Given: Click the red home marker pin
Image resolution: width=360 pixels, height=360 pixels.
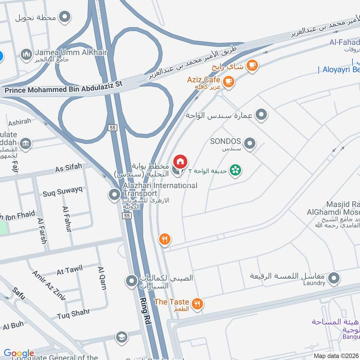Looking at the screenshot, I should point(180,162).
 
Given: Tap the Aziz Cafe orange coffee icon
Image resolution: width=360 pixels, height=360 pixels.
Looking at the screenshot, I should point(229,81).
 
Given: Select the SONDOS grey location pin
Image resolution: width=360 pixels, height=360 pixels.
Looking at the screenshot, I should point(250,144).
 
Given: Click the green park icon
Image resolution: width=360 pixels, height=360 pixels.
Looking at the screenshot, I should point(234,170).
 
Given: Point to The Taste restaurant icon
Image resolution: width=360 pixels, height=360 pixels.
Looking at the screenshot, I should point(197,305).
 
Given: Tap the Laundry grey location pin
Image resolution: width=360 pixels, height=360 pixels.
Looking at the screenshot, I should point(333,279).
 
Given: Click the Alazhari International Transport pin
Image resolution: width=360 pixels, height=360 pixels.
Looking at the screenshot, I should point(115,195).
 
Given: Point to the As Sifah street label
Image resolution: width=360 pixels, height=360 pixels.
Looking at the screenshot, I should point(68,168).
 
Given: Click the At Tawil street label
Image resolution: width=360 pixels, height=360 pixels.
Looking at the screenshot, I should point(70,270).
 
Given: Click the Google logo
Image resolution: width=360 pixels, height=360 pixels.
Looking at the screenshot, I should point(19,353).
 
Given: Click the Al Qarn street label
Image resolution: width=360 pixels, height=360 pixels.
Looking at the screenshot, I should point(102,275).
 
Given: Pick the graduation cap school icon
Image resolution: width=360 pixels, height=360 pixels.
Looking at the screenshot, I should point(121,337).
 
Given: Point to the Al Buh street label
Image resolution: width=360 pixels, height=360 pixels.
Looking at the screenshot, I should point(13,325).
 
